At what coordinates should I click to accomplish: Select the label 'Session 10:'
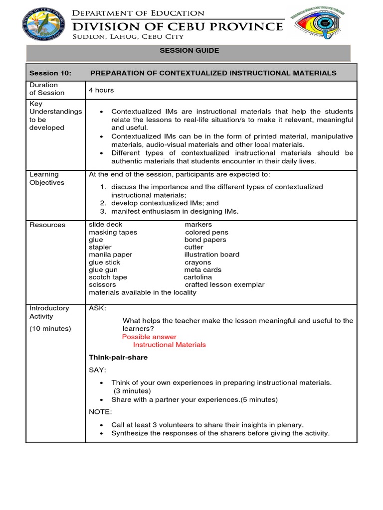tap(50, 73)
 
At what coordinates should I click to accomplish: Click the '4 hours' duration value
tap(101, 90)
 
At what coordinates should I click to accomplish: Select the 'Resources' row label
tap(47, 225)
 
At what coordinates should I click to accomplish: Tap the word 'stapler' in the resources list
tap(100, 247)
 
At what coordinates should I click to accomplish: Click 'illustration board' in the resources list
tap(212, 255)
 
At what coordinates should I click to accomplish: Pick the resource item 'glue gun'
tap(103, 270)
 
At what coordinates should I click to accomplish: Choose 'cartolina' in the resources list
tap(197, 277)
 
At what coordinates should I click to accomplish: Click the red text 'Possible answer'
tap(149, 337)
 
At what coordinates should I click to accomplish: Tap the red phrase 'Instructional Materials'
tap(169, 345)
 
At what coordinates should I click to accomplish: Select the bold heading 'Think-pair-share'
tap(118, 358)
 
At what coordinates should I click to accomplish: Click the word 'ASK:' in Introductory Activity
tap(97, 309)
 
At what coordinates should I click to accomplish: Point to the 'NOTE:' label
tap(100, 412)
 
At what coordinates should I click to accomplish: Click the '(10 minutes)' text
tap(50, 329)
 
